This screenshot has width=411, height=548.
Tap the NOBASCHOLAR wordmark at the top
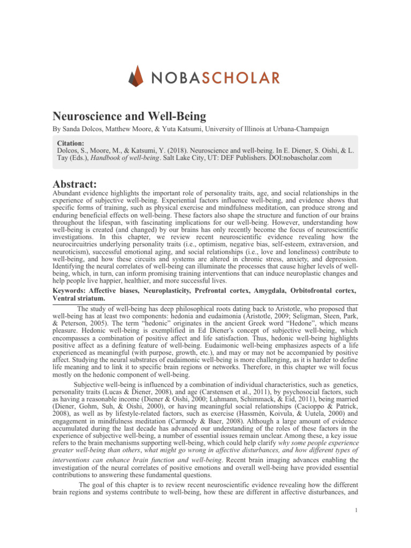[217, 78]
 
